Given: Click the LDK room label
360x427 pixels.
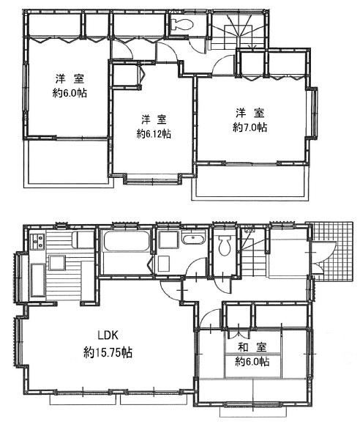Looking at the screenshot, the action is click(x=108, y=335).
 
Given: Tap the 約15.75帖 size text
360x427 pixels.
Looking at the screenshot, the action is click(x=108, y=352).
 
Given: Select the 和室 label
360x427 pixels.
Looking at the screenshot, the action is click(x=252, y=347).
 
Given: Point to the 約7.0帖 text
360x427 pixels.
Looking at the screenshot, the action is click(x=250, y=127).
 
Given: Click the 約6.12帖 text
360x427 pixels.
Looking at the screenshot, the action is click(x=154, y=134).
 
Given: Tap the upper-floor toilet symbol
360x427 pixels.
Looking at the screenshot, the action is click(x=182, y=24).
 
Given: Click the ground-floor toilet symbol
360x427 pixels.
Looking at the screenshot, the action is click(x=225, y=245).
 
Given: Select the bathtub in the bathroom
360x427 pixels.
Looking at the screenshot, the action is click(x=127, y=241).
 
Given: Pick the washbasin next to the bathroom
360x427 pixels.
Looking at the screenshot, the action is click(x=194, y=239).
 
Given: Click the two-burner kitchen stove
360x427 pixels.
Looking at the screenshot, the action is click(x=37, y=242).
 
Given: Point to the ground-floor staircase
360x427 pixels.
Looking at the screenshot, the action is click(x=253, y=253).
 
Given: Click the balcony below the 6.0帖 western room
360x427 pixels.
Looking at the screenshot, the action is click(x=68, y=163).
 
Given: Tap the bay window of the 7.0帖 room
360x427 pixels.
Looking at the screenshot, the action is click(x=312, y=113).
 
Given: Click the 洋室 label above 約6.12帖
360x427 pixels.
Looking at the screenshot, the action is click(x=154, y=119).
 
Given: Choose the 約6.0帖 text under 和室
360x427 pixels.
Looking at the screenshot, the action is click(x=252, y=362).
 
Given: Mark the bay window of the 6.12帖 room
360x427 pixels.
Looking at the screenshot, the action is click(x=153, y=179).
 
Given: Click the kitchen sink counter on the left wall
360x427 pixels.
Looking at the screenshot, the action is click(x=38, y=280).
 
